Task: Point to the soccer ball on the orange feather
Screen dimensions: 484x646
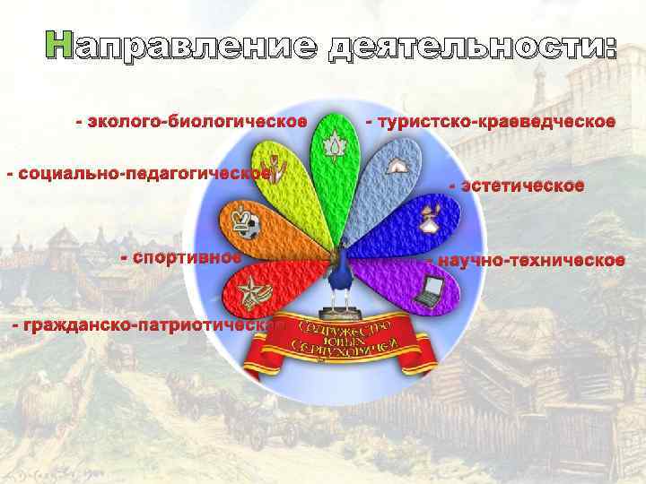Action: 253,229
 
